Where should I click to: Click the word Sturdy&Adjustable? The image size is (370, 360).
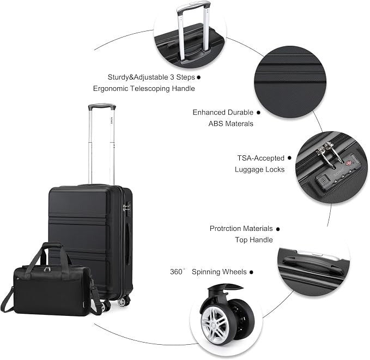pos(138,77)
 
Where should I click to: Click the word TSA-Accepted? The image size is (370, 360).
pos(261,158)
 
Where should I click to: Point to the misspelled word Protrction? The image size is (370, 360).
pos(226,228)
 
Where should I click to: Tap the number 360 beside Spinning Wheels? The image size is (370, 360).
pos(176,272)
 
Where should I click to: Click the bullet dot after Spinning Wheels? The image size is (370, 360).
pos(252,272)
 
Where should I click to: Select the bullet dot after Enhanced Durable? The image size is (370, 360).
pos(258,113)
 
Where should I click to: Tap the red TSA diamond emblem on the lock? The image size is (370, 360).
pos(349,163)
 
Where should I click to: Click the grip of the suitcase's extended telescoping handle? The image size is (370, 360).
pos(102,106)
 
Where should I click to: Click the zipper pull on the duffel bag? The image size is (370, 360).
pos(47,269)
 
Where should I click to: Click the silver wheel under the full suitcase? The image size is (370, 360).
pos(122,302)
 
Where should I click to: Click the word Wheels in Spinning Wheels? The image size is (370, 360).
pos(233,272)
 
